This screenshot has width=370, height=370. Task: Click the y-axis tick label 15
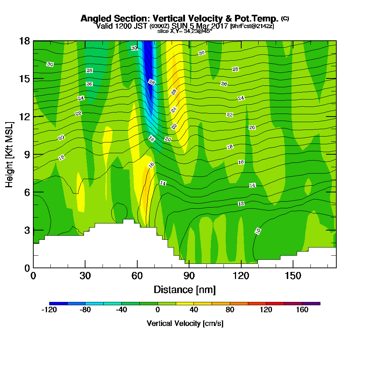24,79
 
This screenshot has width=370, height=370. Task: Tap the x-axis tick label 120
241,276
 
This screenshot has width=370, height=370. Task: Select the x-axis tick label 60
137,276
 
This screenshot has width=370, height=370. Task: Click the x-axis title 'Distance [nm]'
185,289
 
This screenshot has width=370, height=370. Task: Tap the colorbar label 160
302,310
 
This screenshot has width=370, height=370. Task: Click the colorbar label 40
194,310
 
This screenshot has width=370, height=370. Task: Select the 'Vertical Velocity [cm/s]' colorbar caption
185,323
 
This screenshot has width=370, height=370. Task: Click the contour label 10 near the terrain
258,231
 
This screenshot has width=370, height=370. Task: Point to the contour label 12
241,204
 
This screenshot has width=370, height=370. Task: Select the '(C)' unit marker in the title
285,18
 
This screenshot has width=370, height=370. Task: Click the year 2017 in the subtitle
220,26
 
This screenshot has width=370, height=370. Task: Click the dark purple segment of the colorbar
311,303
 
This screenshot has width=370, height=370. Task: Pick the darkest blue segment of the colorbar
58,303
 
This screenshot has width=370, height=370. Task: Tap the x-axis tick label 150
293,276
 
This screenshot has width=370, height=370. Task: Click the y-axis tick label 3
27,230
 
